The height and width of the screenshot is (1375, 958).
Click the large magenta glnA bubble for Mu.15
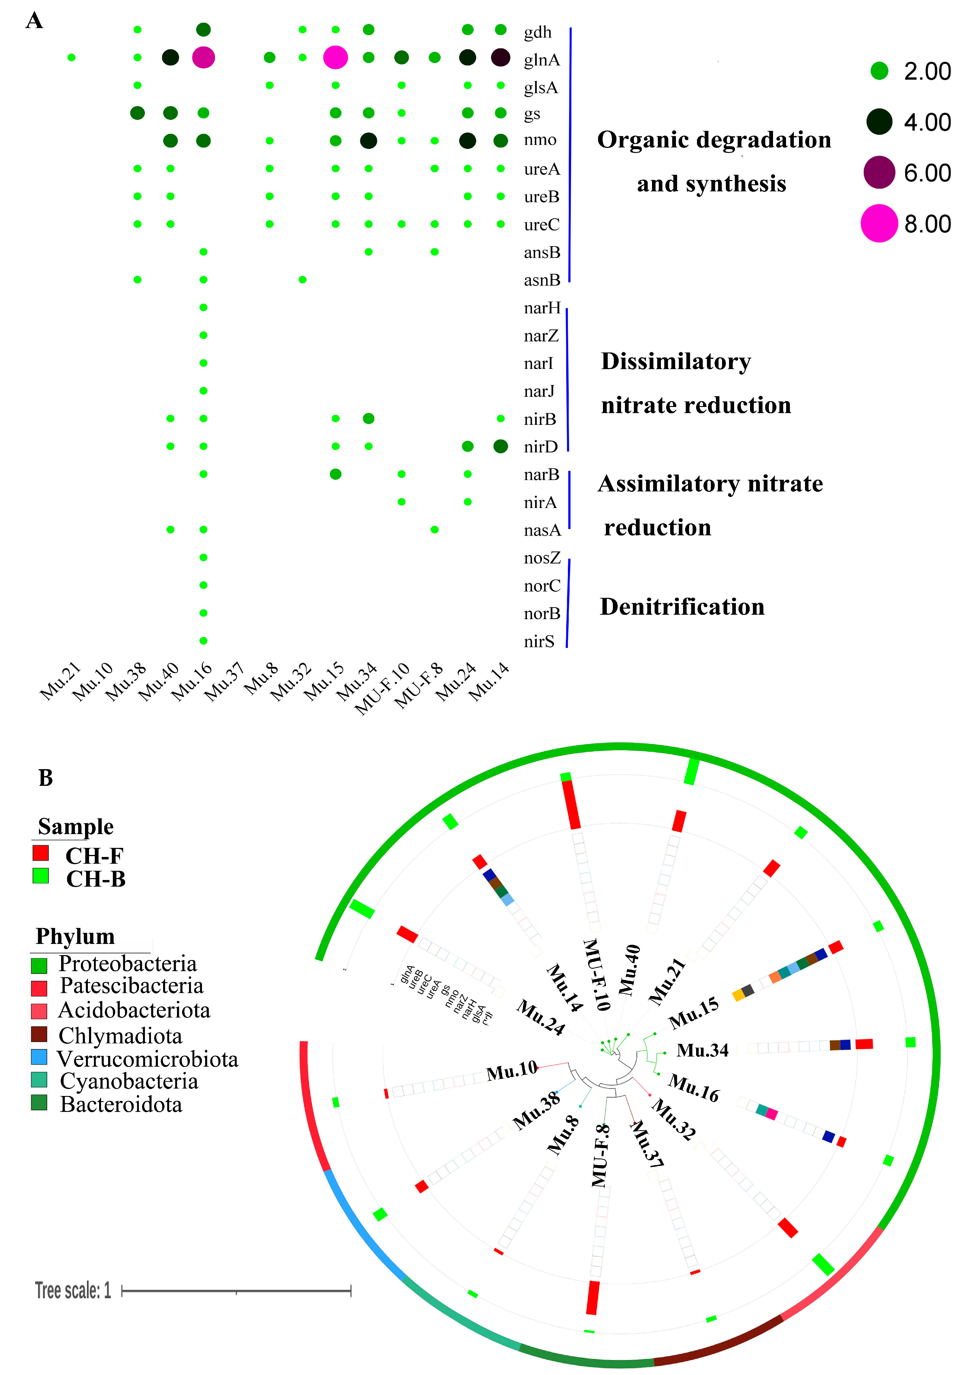pos(335,58)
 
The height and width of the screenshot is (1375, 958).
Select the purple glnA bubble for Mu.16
pos(204,58)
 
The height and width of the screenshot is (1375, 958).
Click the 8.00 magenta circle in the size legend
pos(879,223)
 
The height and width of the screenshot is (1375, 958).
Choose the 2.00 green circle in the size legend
pos(879,71)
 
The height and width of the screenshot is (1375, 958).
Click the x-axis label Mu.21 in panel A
pos(60,682)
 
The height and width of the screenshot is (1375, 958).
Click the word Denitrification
pos(682,607)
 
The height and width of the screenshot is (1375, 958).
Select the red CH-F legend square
pos(41,853)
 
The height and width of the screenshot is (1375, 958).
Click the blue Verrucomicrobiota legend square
pos(39,1057)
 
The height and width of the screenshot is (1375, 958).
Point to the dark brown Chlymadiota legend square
pos(39,1034)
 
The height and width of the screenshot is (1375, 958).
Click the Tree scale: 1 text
pos(73,1291)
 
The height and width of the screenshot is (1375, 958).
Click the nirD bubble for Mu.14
pos(500,446)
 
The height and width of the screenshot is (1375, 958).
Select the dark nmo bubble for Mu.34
pos(369,141)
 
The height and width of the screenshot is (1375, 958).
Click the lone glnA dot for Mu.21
pos(71,58)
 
